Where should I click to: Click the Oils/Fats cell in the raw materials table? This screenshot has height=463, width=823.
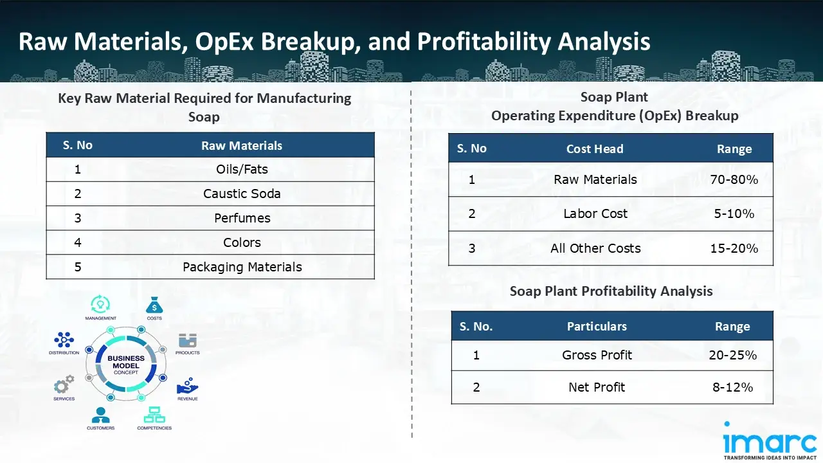[242, 169]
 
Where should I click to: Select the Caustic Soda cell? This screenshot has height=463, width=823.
[242, 194]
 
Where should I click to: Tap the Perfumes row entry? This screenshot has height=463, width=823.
[242, 218]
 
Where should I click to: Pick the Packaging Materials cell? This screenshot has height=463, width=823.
[242, 267]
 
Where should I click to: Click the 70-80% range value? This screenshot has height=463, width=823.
[734, 179]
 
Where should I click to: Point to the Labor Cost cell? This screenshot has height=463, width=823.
[595, 213]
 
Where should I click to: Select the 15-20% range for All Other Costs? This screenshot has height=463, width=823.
[734, 248]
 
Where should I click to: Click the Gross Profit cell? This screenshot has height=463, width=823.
[597, 355]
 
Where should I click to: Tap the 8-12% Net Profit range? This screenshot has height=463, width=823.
[732, 387]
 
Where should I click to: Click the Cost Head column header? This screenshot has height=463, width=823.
[594, 149]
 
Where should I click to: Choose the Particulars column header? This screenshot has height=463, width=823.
[596, 327]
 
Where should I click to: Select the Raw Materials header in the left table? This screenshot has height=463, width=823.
[242, 145]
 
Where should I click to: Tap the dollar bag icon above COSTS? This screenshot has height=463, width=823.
[154, 304]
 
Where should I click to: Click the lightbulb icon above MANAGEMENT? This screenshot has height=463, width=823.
[100, 304]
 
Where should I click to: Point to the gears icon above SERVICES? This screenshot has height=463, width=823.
[64, 385]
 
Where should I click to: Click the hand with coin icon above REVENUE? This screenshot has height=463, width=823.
[187, 385]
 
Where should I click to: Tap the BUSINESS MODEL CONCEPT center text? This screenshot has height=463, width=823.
[125, 365]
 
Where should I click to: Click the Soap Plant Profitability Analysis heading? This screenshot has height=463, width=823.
[611, 291]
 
